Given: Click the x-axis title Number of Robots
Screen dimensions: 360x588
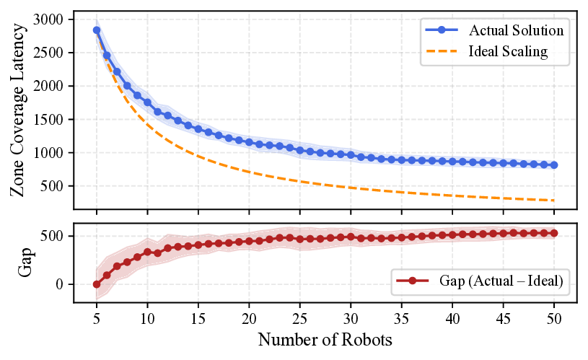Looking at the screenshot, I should (x=325, y=339).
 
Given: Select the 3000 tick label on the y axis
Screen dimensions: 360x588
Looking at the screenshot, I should (x=48, y=19).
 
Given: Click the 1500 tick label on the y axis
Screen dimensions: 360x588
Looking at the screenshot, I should (x=48, y=120).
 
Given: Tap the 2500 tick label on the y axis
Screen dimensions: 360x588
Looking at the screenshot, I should (x=48, y=53).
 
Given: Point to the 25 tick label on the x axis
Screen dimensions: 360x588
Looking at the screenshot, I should (x=299, y=318).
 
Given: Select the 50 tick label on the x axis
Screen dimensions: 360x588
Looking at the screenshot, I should (x=553, y=318).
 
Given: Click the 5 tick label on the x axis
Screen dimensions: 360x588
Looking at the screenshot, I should (x=97, y=318).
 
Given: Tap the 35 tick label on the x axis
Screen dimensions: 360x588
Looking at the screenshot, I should (x=401, y=318).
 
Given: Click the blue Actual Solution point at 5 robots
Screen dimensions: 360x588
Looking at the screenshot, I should (x=97, y=30).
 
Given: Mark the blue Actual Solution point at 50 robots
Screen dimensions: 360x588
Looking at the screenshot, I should (x=553, y=165).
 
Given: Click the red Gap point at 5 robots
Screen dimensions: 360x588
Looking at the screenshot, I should (x=97, y=284).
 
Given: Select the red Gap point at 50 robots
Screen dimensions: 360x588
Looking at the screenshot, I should (x=553, y=233).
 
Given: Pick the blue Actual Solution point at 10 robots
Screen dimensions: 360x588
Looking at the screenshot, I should (x=147, y=102).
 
